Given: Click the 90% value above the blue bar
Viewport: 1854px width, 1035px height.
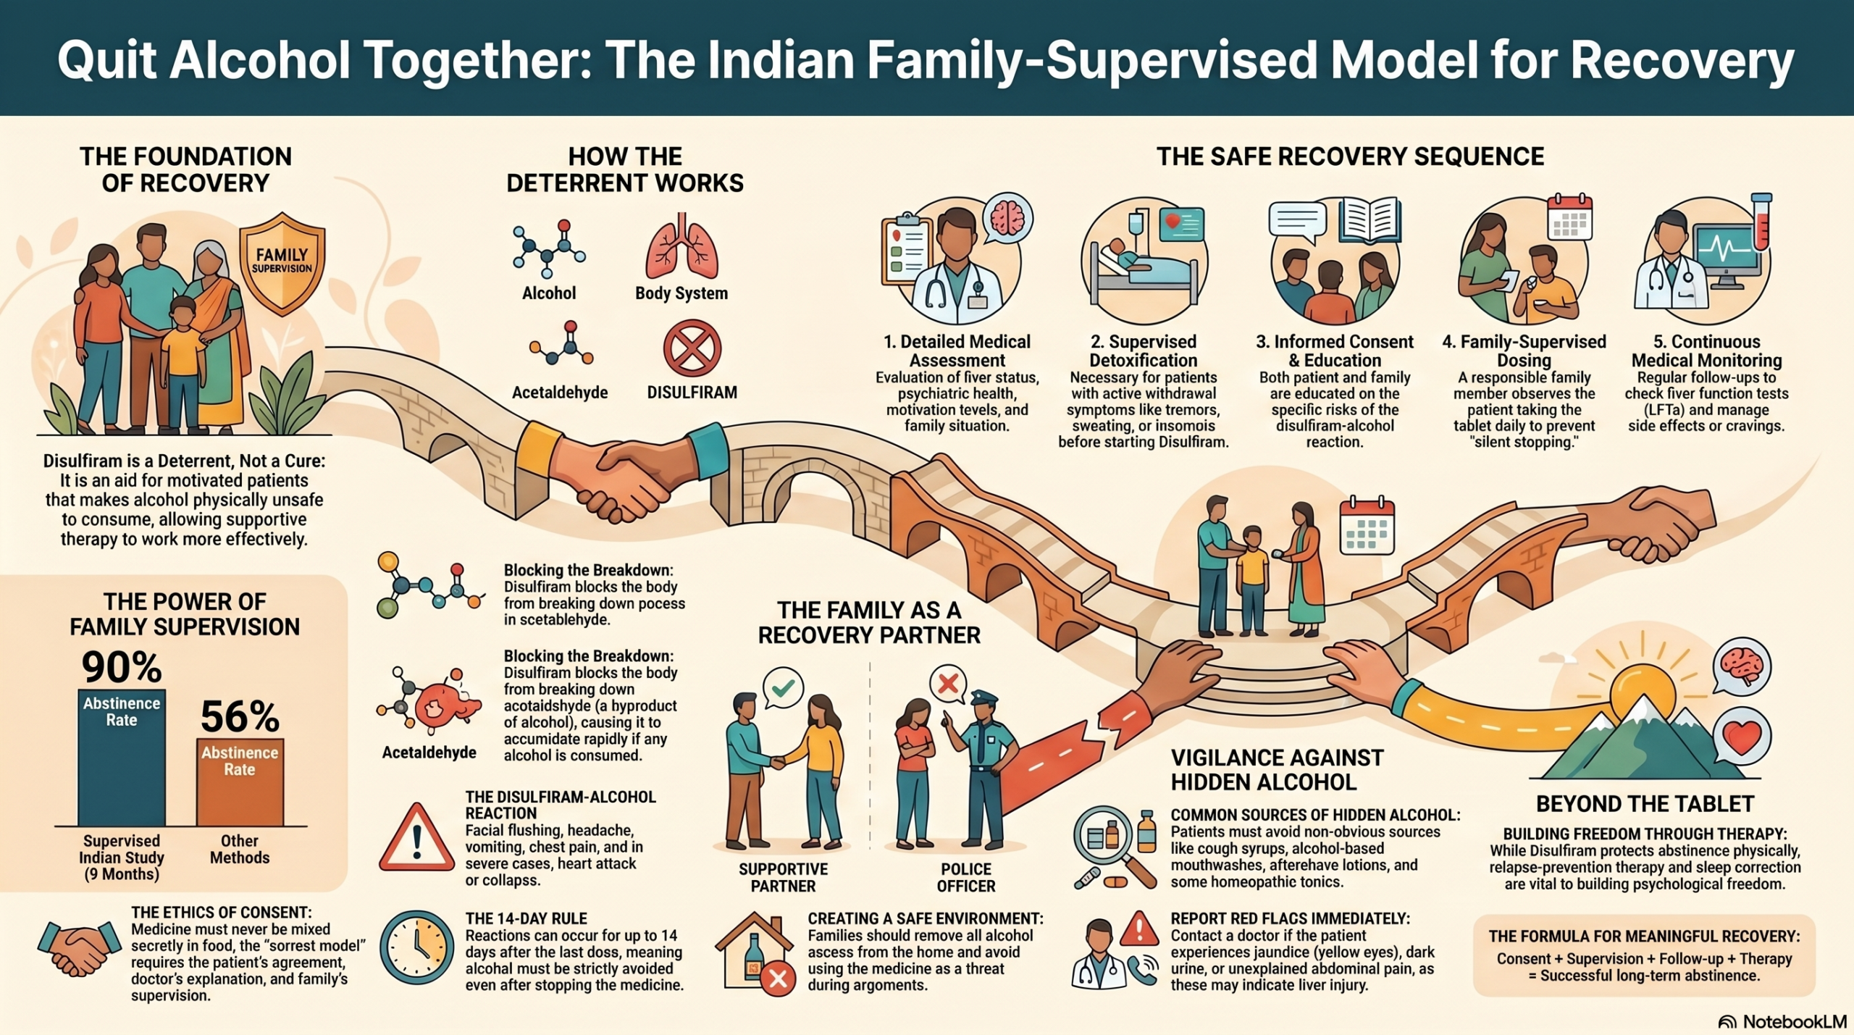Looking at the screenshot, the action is pyautogui.click(x=122, y=667).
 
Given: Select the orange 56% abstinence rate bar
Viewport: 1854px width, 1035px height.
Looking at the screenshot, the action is pyautogui.click(x=240, y=782).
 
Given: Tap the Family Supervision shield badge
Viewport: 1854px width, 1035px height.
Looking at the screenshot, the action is pyautogui.click(x=282, y=264).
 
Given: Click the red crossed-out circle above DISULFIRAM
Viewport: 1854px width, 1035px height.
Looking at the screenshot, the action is pyautogui.click(x=692, y=349).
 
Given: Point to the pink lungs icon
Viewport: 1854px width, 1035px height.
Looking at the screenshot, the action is pyautogui.click(x=681, y=246).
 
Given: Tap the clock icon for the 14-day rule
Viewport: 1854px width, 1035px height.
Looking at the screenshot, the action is pyautogui.click(x=416, y=947).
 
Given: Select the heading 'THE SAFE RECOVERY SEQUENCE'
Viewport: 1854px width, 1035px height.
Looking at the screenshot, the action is pyautogui.click(x=1350, y=156).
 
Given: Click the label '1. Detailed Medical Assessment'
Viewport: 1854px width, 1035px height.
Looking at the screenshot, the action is pyautogui.click(x=957, y=351).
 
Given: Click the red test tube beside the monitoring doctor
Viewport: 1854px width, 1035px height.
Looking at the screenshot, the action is pyautogui.click(x=1761, y=222).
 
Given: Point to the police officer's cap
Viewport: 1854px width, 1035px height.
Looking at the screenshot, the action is pyautogui.click(x=984, y=698).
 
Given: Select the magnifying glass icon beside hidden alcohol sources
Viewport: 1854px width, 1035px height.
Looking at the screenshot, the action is pyautogui.click(x=1112, y=846).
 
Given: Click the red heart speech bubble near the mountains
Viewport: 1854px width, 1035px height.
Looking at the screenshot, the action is pyautogui.click(x=1742, y=737).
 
